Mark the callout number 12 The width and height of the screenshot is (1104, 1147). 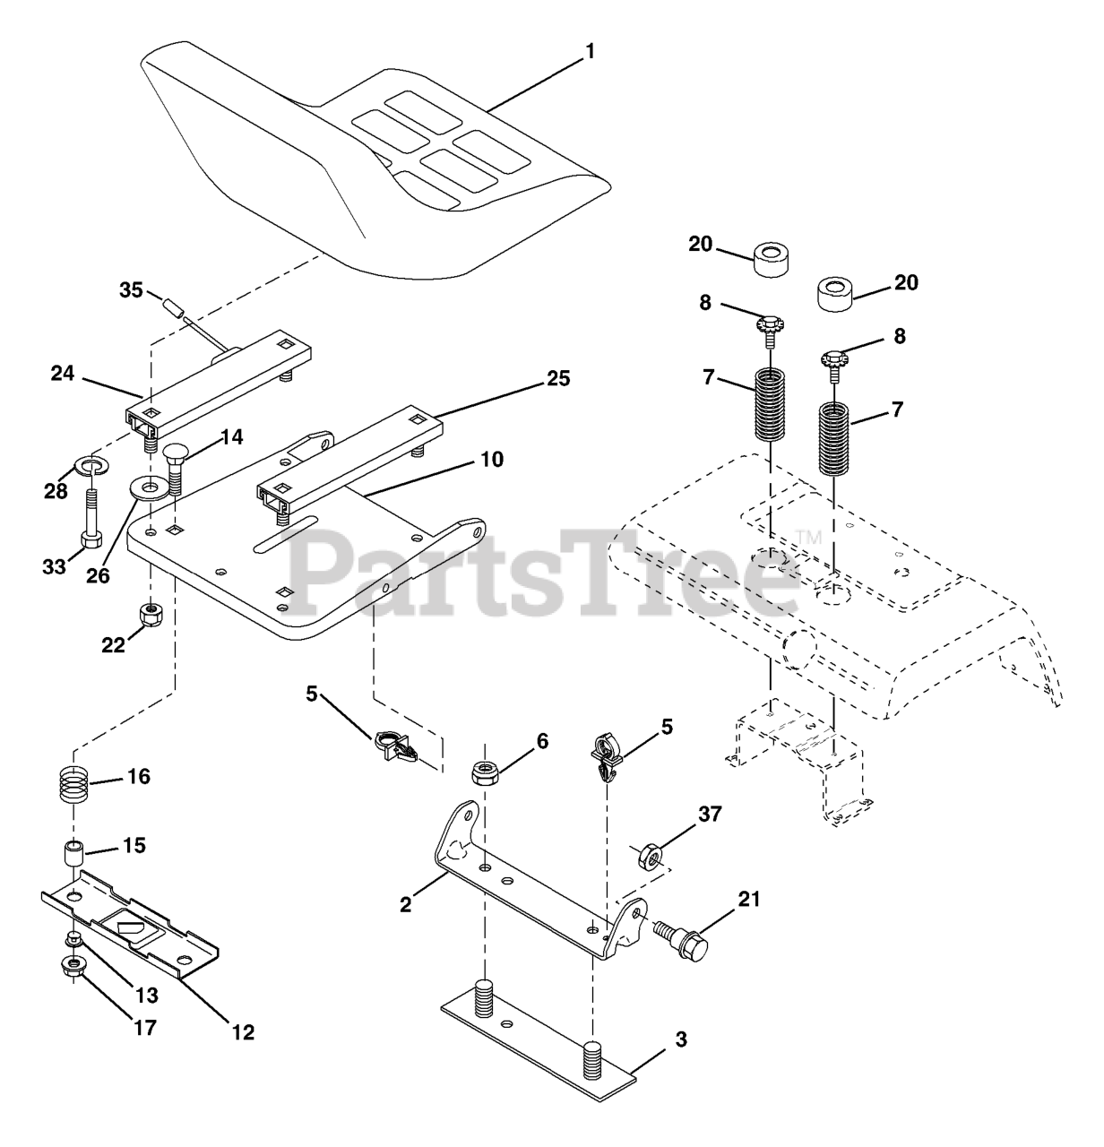[x=243, y=1033]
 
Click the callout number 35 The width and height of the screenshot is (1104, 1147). [x=132, y=290]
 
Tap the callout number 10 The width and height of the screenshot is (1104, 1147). [x=491, y=460]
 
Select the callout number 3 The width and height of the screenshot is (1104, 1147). [x=681, y=1040]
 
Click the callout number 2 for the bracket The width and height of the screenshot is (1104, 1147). [x=407, y=905]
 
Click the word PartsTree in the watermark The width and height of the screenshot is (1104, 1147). [x=542, y=569]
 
